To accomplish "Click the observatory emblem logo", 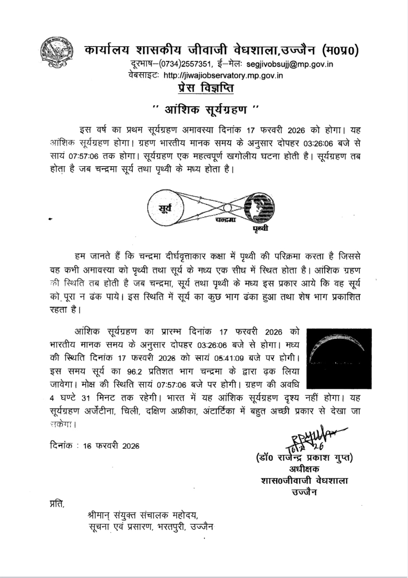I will pos(56,52).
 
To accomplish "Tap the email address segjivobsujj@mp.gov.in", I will pos(290,65).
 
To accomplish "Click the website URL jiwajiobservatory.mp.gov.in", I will pos(223,76).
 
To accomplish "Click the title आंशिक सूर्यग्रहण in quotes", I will pos(206,109).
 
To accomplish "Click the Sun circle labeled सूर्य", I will pos(165,208).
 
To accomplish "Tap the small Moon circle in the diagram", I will pos(227,208).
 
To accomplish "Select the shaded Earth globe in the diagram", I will pos(259,208).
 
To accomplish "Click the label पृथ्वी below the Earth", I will pos(260,228).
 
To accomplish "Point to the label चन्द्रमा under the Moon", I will pos(226,219).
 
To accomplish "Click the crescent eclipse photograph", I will pos(339,358).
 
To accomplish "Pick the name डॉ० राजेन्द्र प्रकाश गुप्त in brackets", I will pos(304,458).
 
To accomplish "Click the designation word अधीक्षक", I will pos(304,469).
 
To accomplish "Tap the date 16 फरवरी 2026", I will pos(111,446).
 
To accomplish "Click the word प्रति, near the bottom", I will pos(57,503).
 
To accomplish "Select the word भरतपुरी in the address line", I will pos(171,527).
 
